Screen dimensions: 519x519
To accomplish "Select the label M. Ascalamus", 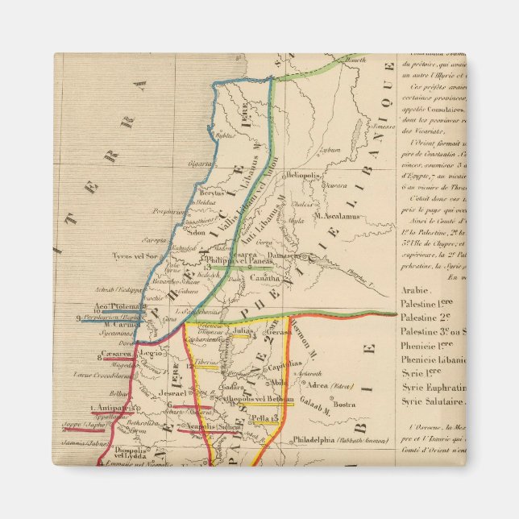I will pyautogui.click(x=337, y=215).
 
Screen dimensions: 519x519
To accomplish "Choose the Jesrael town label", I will pyautogui.click(x=172, y=393).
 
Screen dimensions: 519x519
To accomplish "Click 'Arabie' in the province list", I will pyautogui.click(x=415, y=289).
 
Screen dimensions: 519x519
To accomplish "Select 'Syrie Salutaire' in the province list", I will pyautogui.click(x=433, y=401).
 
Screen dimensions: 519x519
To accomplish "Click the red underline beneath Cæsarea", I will pyautogui.click(x=119, y=359).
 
